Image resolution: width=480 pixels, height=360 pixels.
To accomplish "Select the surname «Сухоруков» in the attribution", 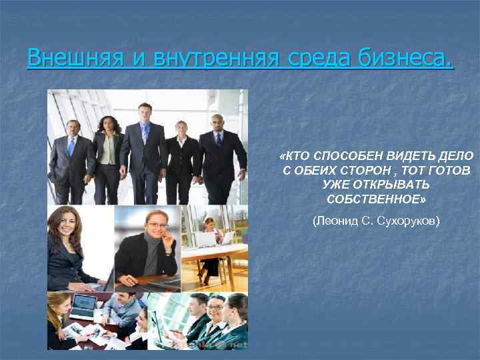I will (407, 219).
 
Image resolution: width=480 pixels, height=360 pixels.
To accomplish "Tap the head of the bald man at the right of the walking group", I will (217, 121).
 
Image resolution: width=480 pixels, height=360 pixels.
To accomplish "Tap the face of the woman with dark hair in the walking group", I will (106, 124).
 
